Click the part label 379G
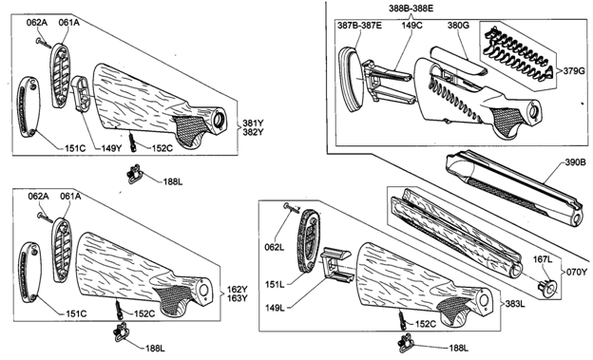tap(574, 70)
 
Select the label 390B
tap(576, 162)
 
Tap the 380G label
tap(458, 26)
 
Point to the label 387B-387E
tap(359, 26)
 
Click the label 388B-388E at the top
tap(411, 9)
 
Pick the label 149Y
tap(111, 148)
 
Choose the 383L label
tap(515, 303)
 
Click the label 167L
tap(543, 259)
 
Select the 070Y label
tap(576, 272)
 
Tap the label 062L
tap(275, 247)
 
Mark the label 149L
tap(275, 308)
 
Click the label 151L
tap(275, 284)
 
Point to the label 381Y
tap(253, 123)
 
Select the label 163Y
tap(238, 298)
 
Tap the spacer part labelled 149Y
tap(81, 94)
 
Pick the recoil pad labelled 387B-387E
tap(352, 79)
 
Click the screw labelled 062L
tap(291, 208)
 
